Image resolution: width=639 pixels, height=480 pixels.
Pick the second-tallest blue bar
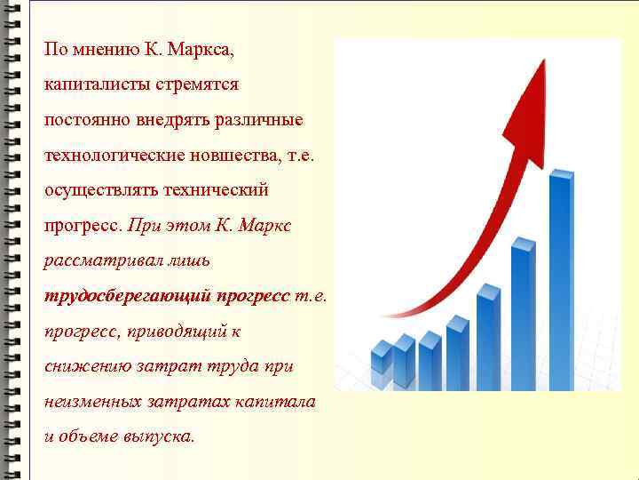point(524,311)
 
